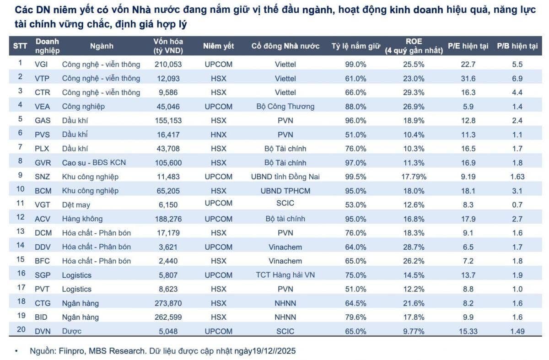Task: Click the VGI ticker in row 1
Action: click(41, 64)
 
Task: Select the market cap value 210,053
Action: click(168, 64)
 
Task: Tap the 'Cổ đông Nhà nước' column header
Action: click(285, 46)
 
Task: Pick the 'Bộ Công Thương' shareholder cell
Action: click(285, 107)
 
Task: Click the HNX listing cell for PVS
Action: click(219, 134)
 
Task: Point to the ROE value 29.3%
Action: click(414, 92)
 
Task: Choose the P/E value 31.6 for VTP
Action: click(468, 78)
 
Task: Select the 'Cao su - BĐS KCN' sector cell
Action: click(94, 163)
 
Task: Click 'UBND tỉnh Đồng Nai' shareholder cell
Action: click(285, 177)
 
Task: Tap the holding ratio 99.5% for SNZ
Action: click(355, 177)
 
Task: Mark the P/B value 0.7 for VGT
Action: click(517, 204)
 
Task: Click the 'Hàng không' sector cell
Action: click(82, 219)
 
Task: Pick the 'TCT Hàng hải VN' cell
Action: click(285, 275)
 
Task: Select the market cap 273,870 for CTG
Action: click(168, 303)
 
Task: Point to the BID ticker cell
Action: click(41, 317)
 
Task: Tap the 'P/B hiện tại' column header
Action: click(517, 46)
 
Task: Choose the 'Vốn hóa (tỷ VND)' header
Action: click(168, 46)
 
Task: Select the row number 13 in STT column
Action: click(20, 231)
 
